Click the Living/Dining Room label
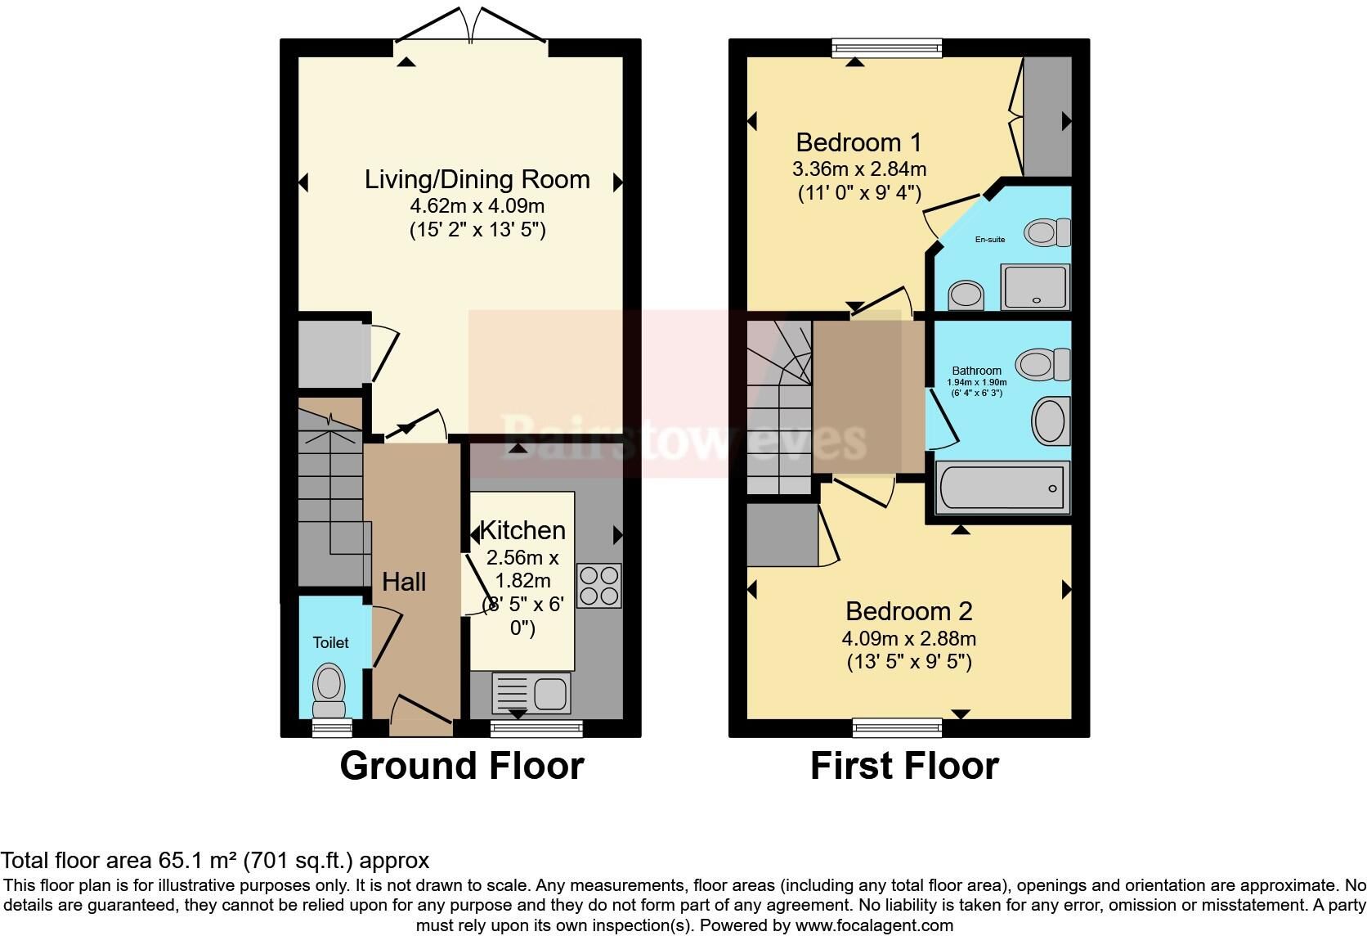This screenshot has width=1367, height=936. tap(477, 179)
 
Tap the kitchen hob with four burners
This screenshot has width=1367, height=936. tap(599, 586)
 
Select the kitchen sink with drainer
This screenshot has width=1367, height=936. tap(531, 693)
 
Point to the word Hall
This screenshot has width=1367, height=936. tap(404, 582)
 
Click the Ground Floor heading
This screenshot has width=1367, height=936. tap(462, 766)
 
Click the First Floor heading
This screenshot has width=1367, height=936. tap(904, 766)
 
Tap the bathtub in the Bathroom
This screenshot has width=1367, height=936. tap(1002, 488)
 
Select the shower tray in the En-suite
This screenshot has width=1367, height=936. tap(1035, 287)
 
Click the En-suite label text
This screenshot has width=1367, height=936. tap(990, 240)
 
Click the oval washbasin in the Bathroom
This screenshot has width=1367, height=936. tap(1051, 421)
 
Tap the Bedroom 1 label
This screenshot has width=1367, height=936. tap(858, 142)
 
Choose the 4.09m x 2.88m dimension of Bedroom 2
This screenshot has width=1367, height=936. tap(908, 639)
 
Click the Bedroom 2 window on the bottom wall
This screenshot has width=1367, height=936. tap(897, 727)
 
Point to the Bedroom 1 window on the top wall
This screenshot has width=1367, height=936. tap(887, 47)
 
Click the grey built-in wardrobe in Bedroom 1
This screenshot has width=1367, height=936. tap(1047, 116)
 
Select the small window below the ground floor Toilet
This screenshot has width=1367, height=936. tap(332, 727)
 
